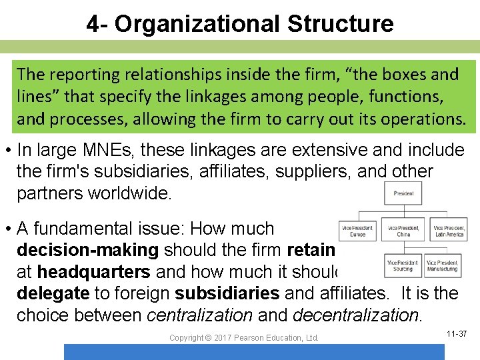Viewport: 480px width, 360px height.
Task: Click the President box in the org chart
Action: (x=403, y=194)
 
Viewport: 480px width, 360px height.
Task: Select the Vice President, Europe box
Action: (x=357, y=231)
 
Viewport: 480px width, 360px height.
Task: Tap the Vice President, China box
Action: (x=403, y=231)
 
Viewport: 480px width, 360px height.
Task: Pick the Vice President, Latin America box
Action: (x=448, y=231)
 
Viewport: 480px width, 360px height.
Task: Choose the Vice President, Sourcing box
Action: (x=403, y=265)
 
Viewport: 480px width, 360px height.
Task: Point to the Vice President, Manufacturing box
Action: (x=443, y=265)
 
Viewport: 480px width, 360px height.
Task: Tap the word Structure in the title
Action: (x=341, y=24)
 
